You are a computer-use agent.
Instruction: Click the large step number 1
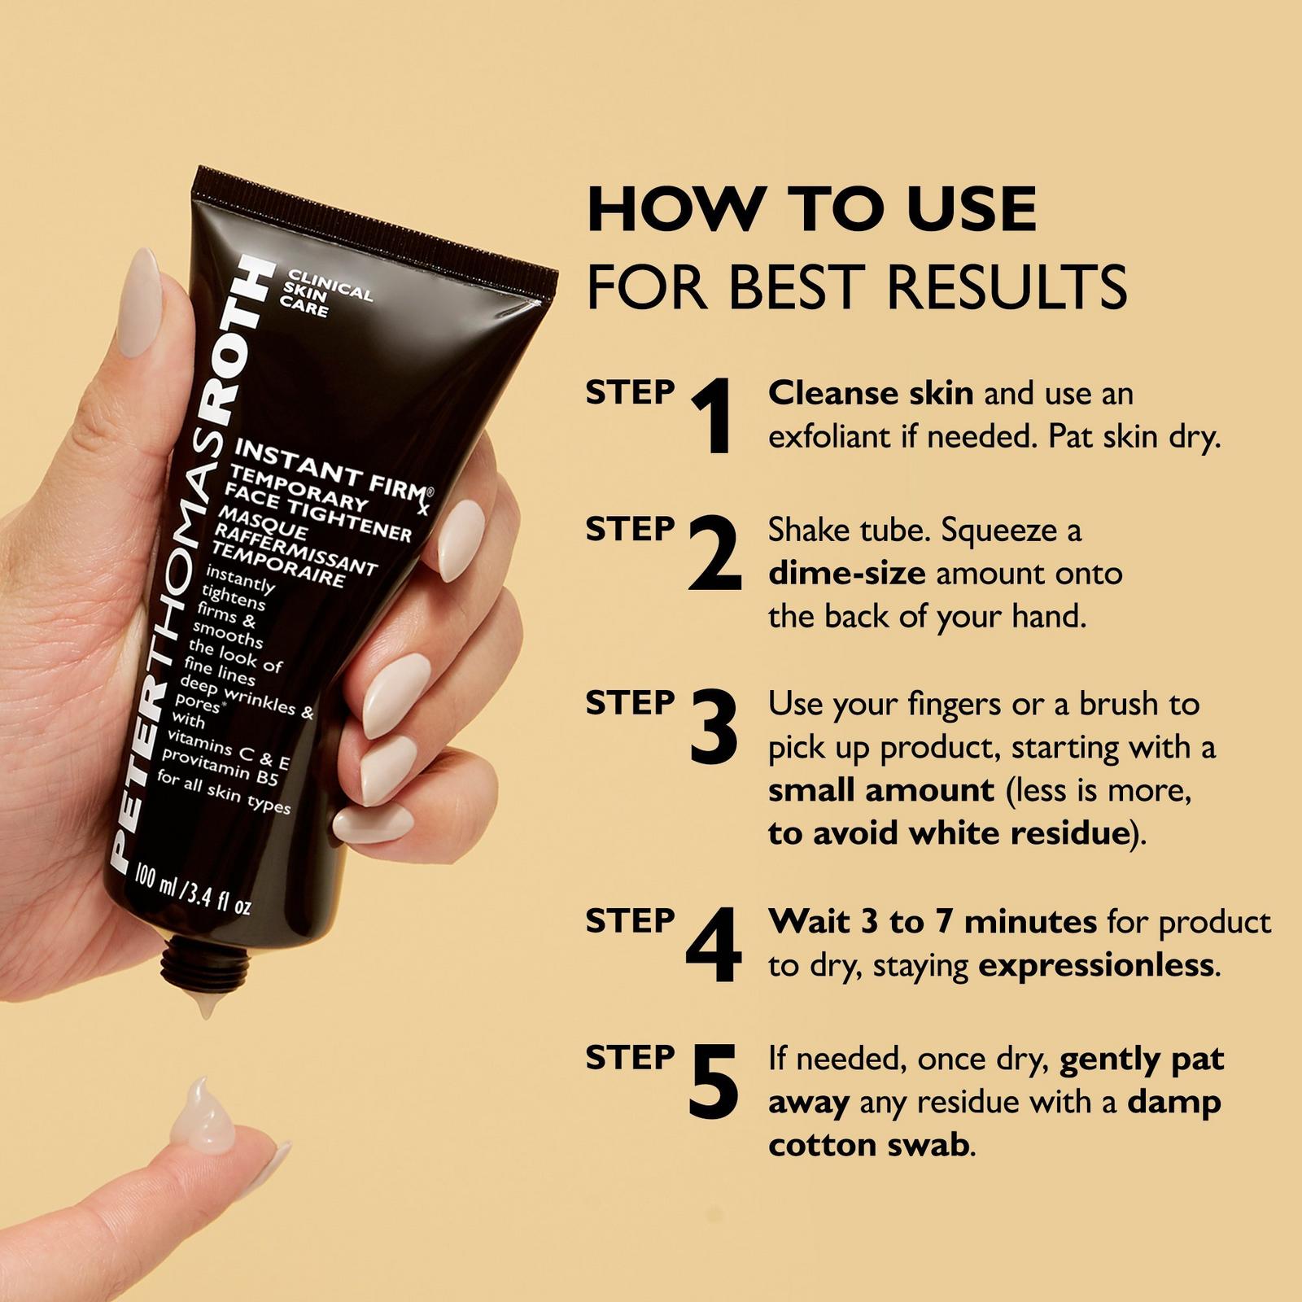[713, 417]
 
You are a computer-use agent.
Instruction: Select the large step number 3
[713, 727]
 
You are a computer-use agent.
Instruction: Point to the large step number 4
[714, 946]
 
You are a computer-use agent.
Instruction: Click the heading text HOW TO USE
[812, 208]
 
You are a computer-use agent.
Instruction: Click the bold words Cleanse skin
[871, 394]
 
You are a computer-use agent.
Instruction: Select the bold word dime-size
[847, 574]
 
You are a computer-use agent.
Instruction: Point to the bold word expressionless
[1096, 966]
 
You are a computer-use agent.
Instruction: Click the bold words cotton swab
[869, 1146]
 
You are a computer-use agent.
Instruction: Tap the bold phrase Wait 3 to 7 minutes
[933, 922]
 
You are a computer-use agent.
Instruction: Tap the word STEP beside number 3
[630, 703]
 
